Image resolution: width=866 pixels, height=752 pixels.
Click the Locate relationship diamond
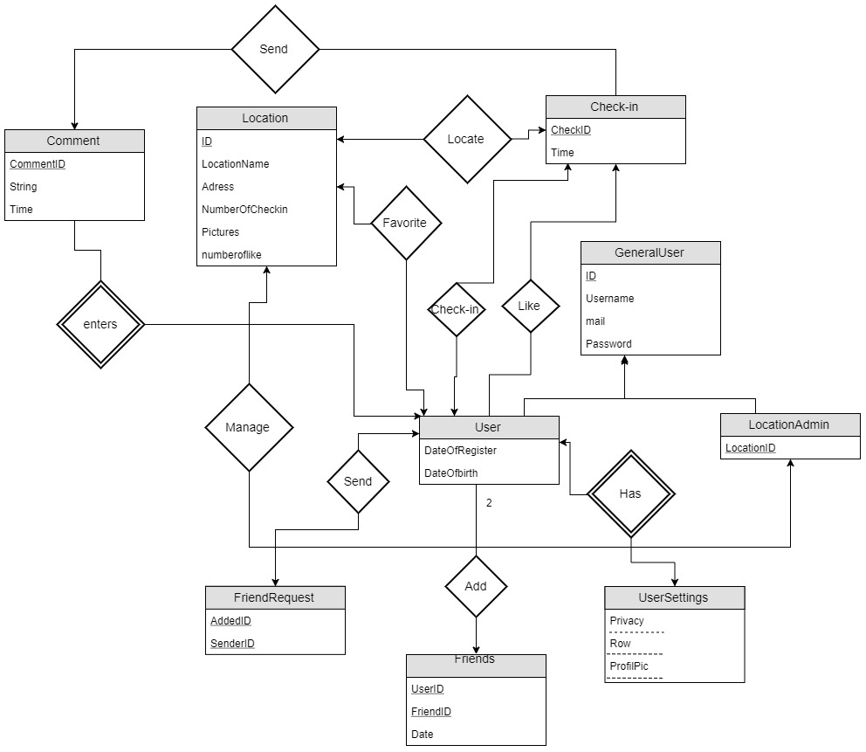465,139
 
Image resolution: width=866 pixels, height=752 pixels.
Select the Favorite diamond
405,223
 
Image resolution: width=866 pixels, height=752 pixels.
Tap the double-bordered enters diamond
100,324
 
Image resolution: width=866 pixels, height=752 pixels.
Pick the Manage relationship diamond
248,427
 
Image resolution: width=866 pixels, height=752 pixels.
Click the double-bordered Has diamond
630,493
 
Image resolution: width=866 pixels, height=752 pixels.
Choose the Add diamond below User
476,586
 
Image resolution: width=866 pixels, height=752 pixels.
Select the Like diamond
529,306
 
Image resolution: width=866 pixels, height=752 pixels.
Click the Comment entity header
73,141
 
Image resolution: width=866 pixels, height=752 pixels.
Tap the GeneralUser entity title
650,252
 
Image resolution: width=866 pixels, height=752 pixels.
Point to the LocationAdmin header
789,424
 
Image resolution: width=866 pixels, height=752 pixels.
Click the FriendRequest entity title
274,597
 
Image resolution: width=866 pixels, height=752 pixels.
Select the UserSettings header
674,597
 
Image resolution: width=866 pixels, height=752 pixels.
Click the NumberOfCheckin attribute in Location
244,209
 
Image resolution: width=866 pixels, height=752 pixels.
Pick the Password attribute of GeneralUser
608,343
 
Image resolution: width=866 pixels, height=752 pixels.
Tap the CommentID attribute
38,163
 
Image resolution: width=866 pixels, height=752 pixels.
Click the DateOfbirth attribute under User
450,473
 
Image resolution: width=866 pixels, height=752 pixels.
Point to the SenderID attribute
232,644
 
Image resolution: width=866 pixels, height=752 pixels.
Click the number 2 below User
489,503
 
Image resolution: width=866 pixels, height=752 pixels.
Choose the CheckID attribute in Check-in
571,130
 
